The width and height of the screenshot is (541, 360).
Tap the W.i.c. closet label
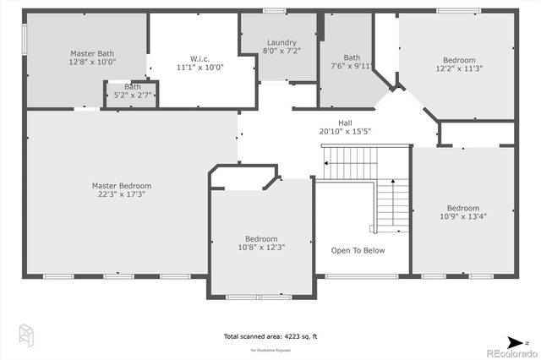coord(199,57)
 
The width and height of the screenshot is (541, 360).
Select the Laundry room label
coord(281,42)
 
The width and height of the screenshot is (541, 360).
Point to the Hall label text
coord(345,121)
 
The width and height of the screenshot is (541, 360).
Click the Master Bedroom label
coord(122,185)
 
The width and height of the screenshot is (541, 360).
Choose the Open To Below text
coord(358,250)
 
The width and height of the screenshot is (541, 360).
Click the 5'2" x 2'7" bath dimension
coord(134,96)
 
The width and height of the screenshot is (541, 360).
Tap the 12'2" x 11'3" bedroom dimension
coord(459,70)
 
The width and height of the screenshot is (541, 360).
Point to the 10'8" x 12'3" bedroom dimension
coord(261,248)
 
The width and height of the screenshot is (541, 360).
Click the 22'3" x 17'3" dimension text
coord(122,194)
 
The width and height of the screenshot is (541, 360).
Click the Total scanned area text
coord(270,336)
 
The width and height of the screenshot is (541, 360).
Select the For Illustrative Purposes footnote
coord(270,349)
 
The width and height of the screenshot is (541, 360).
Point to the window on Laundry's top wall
coord(275,10)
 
